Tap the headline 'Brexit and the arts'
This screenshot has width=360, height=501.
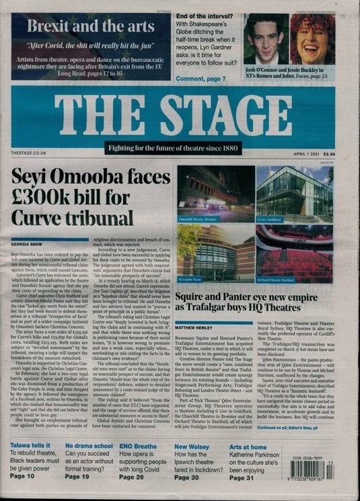[x=87, y=27]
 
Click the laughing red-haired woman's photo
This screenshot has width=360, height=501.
[x=312, y=38]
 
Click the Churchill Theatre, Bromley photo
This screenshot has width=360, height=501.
[x=215, y=195]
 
